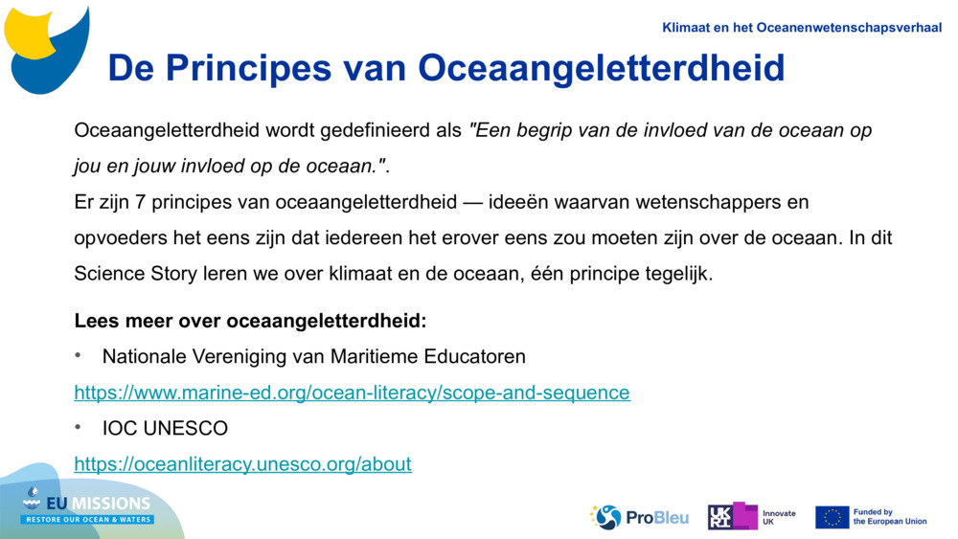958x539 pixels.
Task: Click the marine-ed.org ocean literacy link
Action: [x=352, y=393]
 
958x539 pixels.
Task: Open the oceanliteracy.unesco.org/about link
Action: [x=242, y=464]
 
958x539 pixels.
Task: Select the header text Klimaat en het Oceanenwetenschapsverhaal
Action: [x=802, y=28]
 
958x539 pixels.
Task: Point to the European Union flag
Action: [x=832, y=517]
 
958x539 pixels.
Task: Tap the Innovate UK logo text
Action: [x=778, y=517]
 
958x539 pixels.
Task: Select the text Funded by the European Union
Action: [x=889, y=517]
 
